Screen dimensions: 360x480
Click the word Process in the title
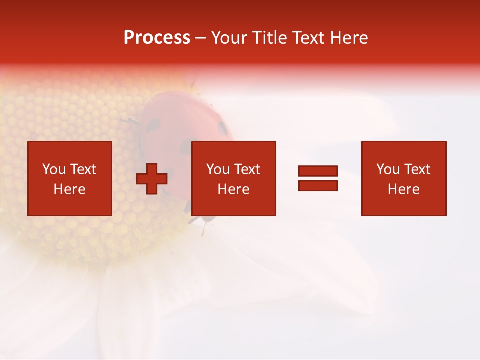point(157,38)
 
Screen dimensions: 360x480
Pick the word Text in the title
point(308,38)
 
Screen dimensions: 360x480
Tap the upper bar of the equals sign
point(318,171)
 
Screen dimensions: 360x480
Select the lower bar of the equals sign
point(318,186)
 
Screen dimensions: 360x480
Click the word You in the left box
point(54,169)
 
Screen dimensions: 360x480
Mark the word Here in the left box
point(69,189)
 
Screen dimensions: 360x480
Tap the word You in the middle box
point(218,169)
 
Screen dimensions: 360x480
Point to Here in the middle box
point(233,189)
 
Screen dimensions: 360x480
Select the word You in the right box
point(388,169)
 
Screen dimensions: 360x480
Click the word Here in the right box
point(403,189)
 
